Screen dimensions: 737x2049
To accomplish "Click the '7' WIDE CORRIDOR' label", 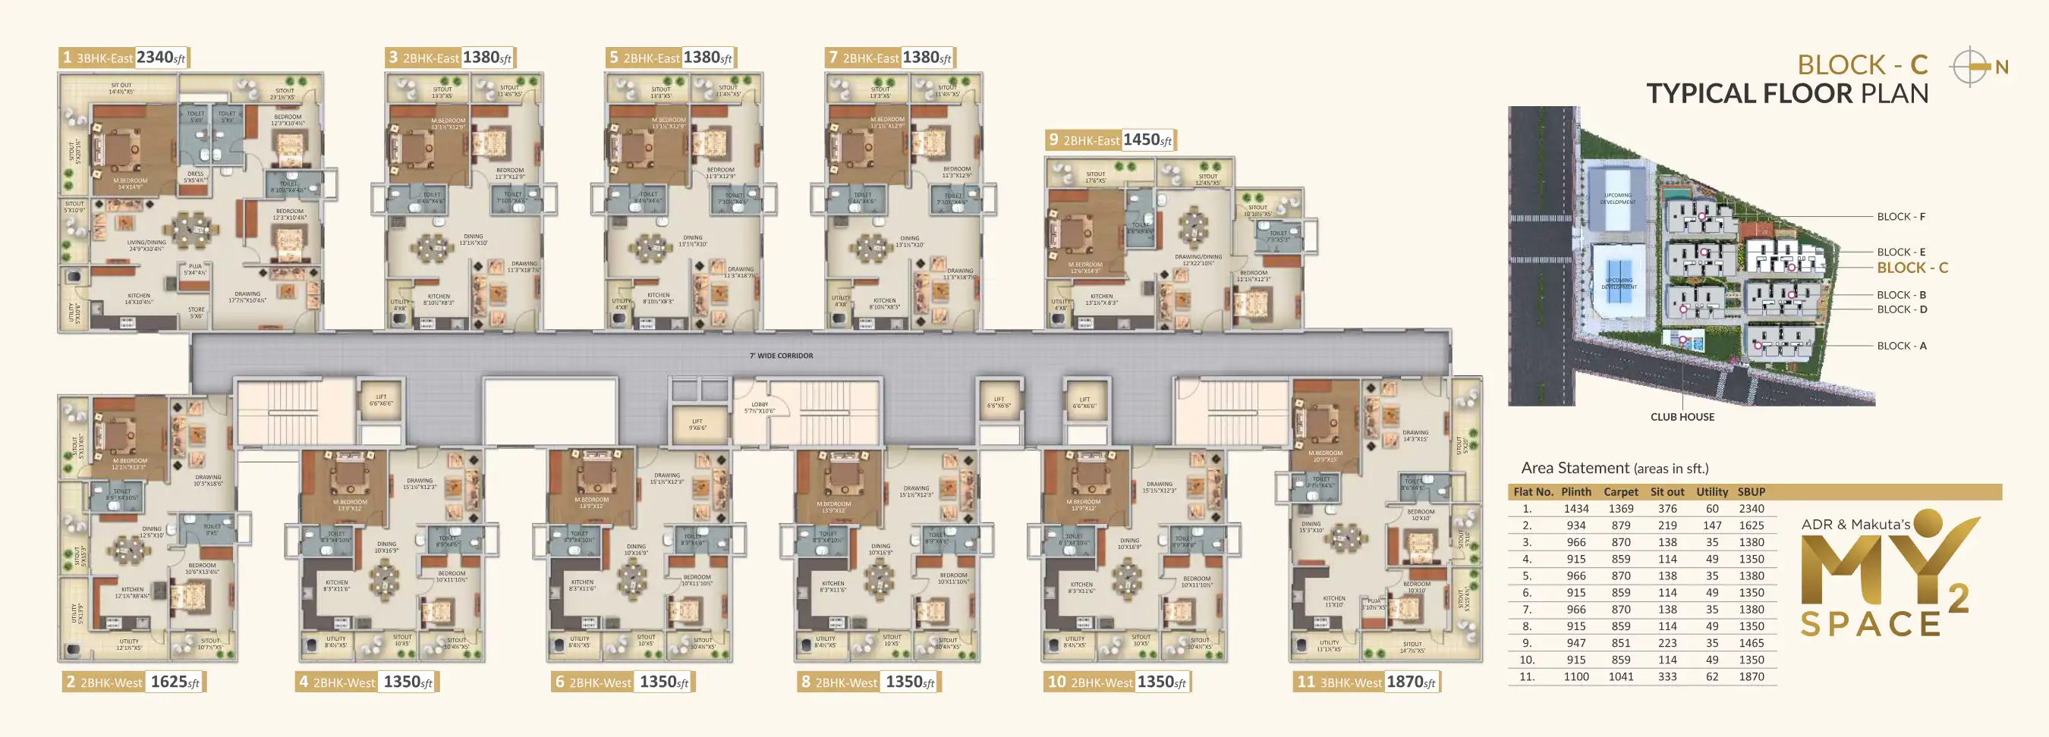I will pos(780,356).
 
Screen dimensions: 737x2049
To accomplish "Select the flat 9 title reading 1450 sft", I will pos(1110,140).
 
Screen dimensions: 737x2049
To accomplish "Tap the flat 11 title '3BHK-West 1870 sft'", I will pos(1366,682).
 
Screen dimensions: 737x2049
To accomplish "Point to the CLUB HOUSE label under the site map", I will pos(1682,416).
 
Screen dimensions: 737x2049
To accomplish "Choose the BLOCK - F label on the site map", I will pos(1900,216).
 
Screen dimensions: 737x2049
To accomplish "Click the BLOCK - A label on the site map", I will pos(1901,346).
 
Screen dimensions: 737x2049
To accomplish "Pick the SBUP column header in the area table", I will pos(1751,492).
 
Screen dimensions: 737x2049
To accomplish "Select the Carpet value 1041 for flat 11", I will pos(1620,676).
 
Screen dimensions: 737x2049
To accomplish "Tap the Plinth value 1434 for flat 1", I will pos(1575,509).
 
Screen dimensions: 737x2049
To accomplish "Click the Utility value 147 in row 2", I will pos(1712,525).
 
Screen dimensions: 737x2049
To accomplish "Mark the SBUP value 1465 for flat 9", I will pos(1751,643).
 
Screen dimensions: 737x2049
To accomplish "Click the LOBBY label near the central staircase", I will pos(759,407).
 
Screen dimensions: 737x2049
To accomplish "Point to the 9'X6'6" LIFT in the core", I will pos(697,425).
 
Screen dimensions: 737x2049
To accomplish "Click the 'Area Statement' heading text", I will pos(1574,469).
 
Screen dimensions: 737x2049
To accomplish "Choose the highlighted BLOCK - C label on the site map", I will pos(1912,268).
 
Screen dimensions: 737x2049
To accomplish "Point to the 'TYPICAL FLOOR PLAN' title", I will pos(1786,94).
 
